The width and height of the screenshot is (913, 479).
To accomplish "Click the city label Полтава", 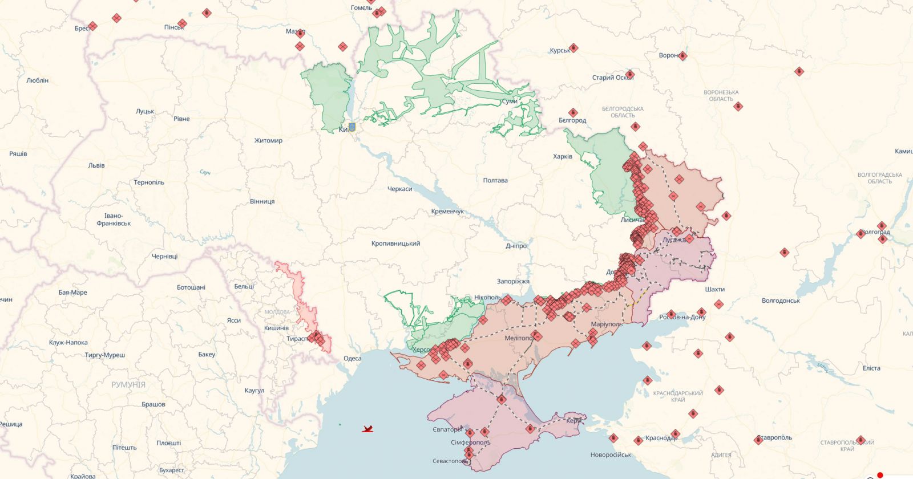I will point(495,180).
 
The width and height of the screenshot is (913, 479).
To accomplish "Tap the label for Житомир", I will point(268,140).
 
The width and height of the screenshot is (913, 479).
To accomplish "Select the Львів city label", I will point(96,165).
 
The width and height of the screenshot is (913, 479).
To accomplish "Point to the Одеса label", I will point(352,358).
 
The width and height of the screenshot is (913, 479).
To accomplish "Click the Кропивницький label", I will point(395,243).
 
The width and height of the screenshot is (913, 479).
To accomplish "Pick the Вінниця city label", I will point(262,201).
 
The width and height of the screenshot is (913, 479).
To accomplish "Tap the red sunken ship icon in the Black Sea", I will point(368,429).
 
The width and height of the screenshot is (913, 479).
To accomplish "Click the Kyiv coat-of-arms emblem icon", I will point(352,127).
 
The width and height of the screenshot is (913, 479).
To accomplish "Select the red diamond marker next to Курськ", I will point(573,48).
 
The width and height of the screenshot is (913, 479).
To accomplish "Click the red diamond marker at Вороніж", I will point(682,56).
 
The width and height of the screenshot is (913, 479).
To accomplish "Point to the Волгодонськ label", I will point(781,301).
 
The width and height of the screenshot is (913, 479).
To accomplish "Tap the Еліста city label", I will point(871,368).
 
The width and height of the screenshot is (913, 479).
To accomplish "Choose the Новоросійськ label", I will point(611,454).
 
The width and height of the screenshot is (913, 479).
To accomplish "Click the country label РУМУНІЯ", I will point(128,385).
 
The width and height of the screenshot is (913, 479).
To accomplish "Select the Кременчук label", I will point(447,212).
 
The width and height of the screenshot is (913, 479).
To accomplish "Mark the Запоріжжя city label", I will point(512,281).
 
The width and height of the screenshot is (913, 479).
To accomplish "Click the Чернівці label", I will point(164,257).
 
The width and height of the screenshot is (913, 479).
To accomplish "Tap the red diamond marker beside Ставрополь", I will point(759,440).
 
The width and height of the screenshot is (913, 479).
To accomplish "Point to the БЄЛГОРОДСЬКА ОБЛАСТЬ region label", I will point(623,112).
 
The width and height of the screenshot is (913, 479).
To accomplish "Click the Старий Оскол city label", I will point(612,78).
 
